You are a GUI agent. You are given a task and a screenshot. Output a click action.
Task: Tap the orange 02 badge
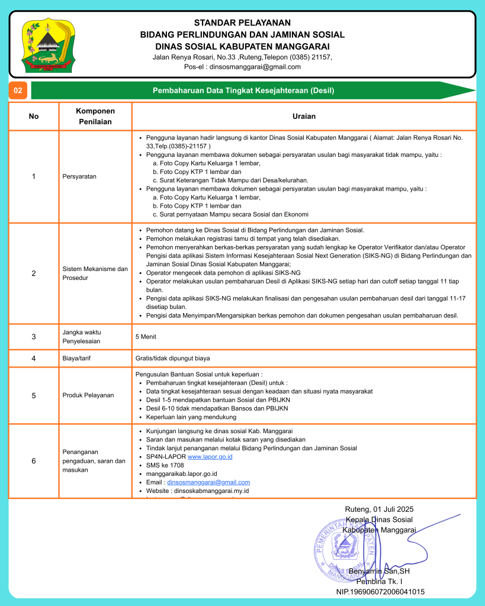tap(18, 91)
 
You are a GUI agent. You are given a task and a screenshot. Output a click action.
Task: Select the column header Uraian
tap(304, 116)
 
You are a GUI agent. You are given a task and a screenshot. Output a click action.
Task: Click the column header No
tap(34, 116)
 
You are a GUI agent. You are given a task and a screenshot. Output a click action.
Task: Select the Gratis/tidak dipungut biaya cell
tap(172, 358)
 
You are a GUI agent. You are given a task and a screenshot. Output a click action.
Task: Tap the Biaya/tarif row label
tap(78, 358)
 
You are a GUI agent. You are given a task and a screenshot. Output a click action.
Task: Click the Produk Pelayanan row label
tap(88, 395)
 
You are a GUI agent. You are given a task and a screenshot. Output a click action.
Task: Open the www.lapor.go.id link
tap(210, 457)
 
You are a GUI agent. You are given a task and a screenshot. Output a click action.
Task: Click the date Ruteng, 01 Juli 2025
tap(379, 510)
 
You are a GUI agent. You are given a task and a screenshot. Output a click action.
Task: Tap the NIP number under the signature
tap(380, 592)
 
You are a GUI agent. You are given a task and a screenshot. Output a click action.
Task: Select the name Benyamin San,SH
tap(379, 572)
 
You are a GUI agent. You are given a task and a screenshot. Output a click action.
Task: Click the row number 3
tap(34, 337)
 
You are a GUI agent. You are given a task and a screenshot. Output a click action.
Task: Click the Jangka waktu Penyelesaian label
tap(82, 337)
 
